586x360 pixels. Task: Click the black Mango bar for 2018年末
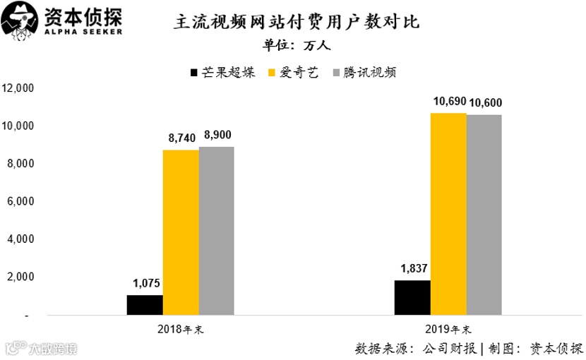145,305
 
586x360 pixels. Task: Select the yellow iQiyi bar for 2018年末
181,232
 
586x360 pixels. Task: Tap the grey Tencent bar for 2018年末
216,231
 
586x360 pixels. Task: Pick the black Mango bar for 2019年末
412,297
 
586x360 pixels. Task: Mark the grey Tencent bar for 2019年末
484,215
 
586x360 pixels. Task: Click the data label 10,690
450,102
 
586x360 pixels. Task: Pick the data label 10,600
485,103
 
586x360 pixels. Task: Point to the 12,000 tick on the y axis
18,88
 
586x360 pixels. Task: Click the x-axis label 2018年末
181,329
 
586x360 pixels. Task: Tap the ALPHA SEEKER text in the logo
83,32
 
